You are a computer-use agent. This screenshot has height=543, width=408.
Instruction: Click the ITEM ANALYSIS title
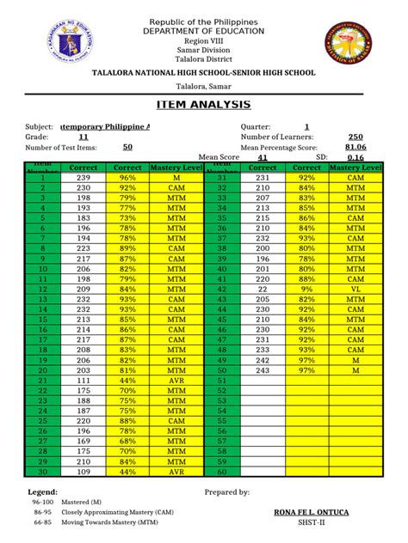point(204,105)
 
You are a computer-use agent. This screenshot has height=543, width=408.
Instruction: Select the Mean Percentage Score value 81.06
point(355,147)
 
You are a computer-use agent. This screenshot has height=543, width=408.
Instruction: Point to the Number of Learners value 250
point(355,137)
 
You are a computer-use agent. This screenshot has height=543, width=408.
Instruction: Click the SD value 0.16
point(355,158)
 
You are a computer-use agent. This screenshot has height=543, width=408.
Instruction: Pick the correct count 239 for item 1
point(83,177)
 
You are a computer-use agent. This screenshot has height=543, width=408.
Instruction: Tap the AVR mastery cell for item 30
point(176,471)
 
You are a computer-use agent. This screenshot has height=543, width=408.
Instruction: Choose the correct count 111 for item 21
point(83,380)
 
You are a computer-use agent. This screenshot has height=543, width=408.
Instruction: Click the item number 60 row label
point(221,471)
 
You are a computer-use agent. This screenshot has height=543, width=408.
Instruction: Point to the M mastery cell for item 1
point(176,177)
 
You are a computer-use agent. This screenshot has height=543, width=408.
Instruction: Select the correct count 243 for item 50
point(263,370)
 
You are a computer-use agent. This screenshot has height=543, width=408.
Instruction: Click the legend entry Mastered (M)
point(79,501)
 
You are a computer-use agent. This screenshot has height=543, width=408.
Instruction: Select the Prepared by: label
point(227,492)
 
